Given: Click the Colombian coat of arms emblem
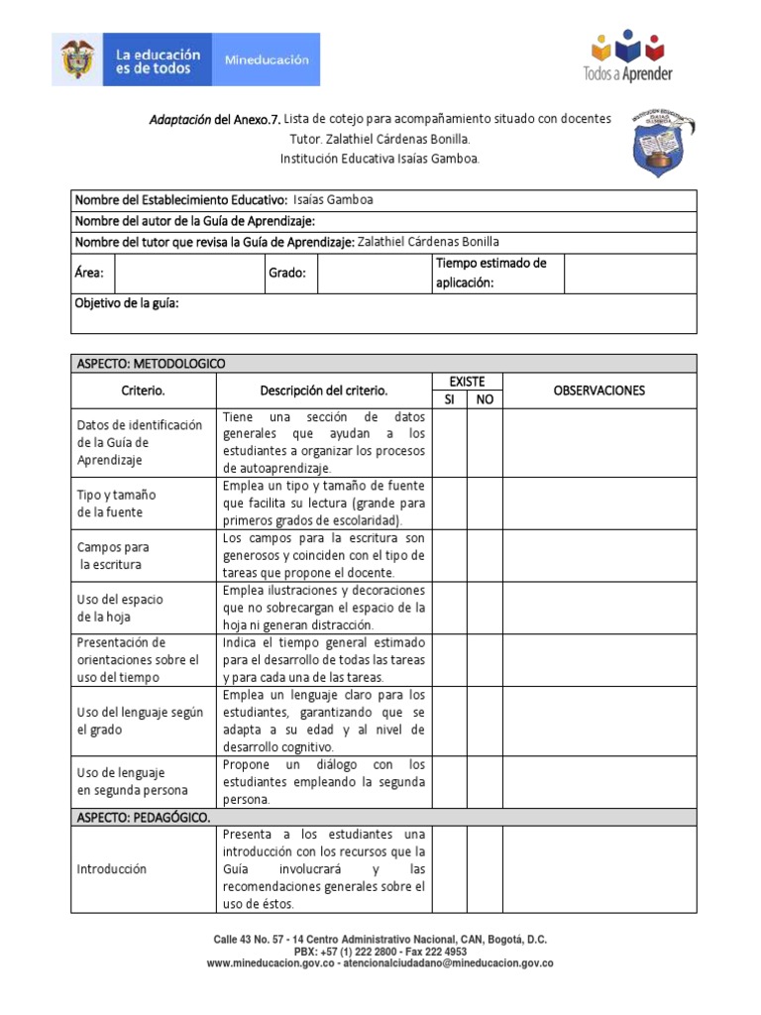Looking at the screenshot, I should coord(79,59).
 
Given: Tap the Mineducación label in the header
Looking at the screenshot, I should coord(267,59).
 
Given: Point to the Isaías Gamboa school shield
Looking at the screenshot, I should coord(662,145).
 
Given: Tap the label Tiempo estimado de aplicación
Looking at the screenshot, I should coord(490,273).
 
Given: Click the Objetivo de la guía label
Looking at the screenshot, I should coord(127,303).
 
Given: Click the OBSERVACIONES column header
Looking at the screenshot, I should coord(599,391).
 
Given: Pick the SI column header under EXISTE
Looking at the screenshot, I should coord(449,399).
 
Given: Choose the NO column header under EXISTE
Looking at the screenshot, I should coord(485,399).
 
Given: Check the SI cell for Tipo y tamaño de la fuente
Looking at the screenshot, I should coord(449,503).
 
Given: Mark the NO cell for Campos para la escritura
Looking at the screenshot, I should coord(485,555).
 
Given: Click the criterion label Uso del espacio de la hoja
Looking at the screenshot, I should coord(120,608).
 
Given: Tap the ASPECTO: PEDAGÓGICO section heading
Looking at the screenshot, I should coord(143,818).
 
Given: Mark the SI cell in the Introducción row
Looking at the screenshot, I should coord(449,869).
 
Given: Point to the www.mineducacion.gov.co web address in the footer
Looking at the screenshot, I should coord(267,963).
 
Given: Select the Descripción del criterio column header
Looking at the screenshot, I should coord(324,391).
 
